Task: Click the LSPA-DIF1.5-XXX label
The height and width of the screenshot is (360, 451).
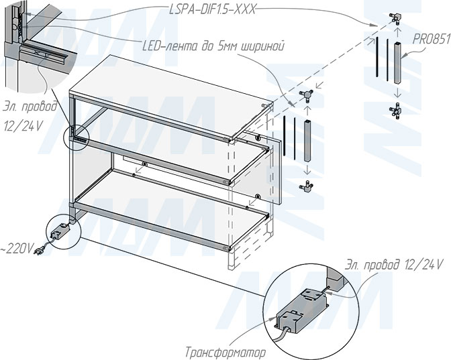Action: point(212,10)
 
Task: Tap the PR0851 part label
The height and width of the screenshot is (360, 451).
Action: point(432,40)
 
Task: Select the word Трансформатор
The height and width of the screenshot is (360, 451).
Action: point(225,352)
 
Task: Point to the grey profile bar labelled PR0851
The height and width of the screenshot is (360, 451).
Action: point(397,62)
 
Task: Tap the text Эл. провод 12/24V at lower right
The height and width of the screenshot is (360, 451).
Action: point(393,264)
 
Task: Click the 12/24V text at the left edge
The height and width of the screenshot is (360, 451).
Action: point(23,127)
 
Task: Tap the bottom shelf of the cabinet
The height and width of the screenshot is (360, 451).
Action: point(169,210)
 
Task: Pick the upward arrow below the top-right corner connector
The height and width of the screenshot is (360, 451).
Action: point(397,32)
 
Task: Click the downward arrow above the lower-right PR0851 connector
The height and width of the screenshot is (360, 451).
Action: point(397,93)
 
